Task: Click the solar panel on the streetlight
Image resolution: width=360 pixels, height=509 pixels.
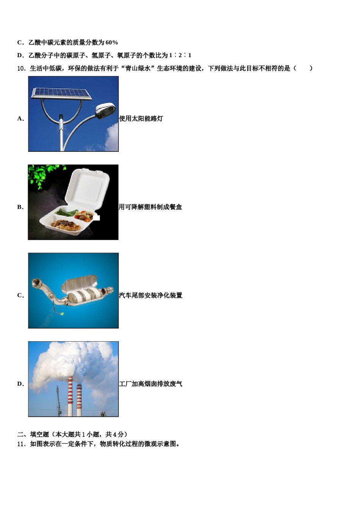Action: pyautogui.click(x=61, y=94)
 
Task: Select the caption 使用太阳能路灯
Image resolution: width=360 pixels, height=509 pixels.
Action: pyautogui.click(x=141, y=119)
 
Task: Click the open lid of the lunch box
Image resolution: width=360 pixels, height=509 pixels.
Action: pyautogui.click(x=87, y=188)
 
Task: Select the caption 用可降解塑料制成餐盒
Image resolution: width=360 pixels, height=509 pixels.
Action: pyautogui.click(x=150, y=207)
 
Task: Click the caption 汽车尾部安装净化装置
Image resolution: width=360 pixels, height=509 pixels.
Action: pyautogui.click(x=150, y=295)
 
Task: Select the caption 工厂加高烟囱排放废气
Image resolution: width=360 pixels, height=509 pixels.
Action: pyautogui.click(x=150, y=384)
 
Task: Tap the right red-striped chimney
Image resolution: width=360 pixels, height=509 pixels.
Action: pyautogui.click(x=79, y=400)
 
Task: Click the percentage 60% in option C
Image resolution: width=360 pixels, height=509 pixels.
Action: pyautogui.click(x=112, y=42)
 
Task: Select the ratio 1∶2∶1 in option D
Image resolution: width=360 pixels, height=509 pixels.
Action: pyautogui.click(x=180, y=55)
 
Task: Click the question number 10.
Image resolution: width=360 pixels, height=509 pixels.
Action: pyautogui.click(x=21, y=68)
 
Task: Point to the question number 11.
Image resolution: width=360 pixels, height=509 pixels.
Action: pyautogui.click(x=21, y=444)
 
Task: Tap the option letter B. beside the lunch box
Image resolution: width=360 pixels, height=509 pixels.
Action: pyautogui.click(x=20, y=207)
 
